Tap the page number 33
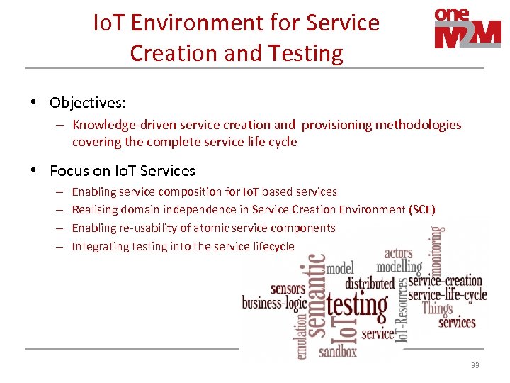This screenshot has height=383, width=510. coord(475,365)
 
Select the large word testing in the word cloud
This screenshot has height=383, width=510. coord(356,307)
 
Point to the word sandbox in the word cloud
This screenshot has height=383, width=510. coord(338,350)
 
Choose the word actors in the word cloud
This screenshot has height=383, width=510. coord(398,253)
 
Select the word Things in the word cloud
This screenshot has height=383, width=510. coord(437,309)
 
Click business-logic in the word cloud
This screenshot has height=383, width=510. coord(274,303)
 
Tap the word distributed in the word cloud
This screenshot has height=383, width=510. coord(369,283)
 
